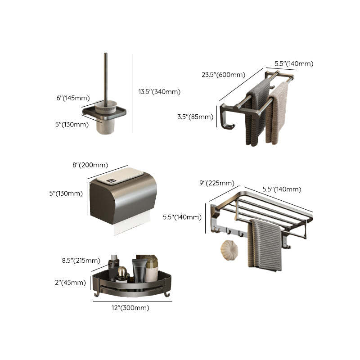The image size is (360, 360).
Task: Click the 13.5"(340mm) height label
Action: point(159,92)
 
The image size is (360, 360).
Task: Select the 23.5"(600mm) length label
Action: point(223,75)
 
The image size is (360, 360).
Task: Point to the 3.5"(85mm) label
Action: point(195,117)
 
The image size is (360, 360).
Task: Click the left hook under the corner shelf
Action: point(95,295)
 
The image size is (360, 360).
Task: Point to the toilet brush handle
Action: point(106,76)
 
